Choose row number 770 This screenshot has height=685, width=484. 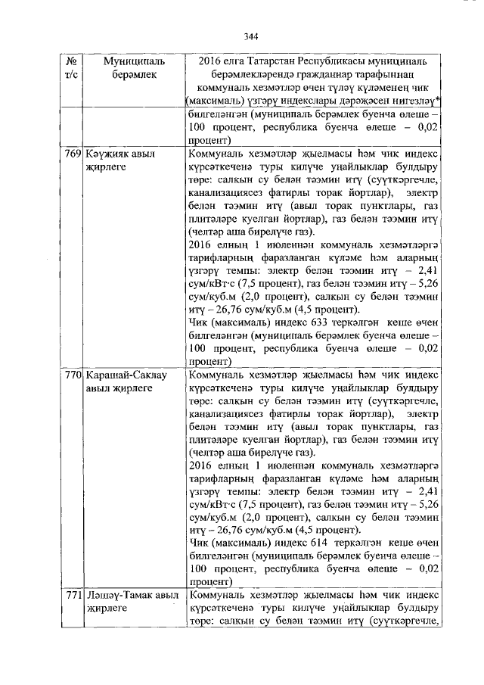point(73,375)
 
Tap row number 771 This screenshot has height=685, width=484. point(73,595)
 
